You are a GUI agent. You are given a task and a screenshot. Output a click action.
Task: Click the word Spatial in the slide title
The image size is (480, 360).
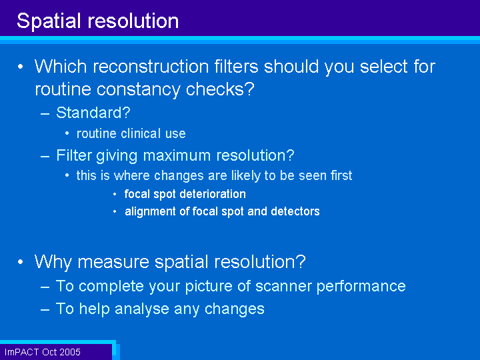pos(49,21)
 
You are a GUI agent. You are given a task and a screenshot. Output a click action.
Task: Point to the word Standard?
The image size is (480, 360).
pos(93,113)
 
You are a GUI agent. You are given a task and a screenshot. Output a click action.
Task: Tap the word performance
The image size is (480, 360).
pos(361,286)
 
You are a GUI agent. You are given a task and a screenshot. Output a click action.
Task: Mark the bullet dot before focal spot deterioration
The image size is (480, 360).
pos(115,194)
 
